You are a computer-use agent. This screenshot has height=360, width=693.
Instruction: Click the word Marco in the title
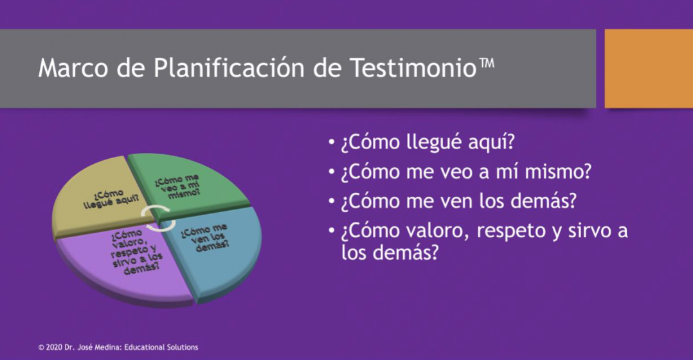tap(73, 68)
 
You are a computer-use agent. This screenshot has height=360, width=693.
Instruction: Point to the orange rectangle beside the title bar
tap(649, 69)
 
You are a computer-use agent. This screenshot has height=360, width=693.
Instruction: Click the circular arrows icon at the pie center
tap(157, 217)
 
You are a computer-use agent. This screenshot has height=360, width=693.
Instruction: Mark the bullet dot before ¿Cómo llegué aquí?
tap(332, 143)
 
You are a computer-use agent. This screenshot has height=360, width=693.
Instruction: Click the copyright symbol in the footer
tap(41, 348)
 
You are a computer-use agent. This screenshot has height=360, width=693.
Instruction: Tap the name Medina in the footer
tap(109, 347)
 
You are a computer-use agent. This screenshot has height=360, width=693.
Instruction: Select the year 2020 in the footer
tap(54, 347)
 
